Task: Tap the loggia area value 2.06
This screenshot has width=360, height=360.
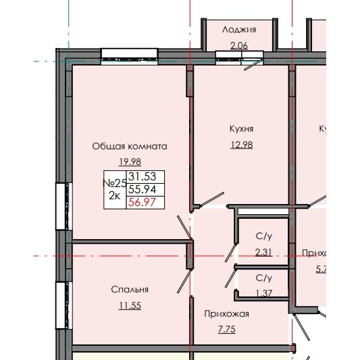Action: [x=240, y=45]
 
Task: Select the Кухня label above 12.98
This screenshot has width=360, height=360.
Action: [x=240, y=128]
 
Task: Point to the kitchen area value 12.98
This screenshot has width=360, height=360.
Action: [x=241, y=144]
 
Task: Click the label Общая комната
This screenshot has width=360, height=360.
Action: [x=129, y=145]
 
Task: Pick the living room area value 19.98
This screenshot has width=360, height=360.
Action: [x=129, y=161]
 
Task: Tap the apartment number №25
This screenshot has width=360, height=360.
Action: [x=114, y=183]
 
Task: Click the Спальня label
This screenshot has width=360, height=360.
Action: [x=130, y=289]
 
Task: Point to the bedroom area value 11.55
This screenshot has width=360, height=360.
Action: [x=130, y=305]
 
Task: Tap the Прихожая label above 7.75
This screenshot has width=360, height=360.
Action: [x=227, y=313]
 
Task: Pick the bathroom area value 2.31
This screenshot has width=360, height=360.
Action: [x=263, y=252]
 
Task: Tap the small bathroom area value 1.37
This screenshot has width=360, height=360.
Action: [x=263, y=292]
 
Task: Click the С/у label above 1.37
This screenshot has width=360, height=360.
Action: [x=263, y=278]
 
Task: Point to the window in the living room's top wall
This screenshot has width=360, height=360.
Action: [x=130, y=55]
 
